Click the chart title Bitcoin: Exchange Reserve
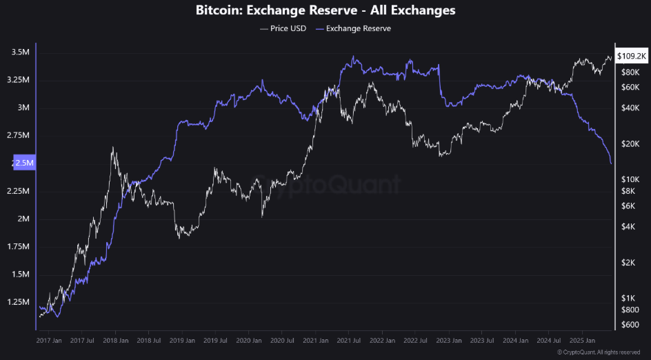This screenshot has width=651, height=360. (x=325, y=10)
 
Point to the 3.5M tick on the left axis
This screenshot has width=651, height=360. (x=20, y=52)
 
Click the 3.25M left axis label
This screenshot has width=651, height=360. (x=18, y=80)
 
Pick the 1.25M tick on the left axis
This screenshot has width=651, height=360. (x=18, y=303)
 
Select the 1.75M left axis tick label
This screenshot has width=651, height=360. (x=18, y=247)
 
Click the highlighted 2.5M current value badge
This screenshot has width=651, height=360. (x=23, y=163)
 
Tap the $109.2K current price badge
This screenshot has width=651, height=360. (x=632, y=55)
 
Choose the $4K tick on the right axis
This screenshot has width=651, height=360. (x=629, y=227)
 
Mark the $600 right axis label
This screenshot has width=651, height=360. (x=629, y=324)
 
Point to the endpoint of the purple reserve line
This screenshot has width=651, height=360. (x=611, y=163)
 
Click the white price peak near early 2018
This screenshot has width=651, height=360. (x=112, y=147)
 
